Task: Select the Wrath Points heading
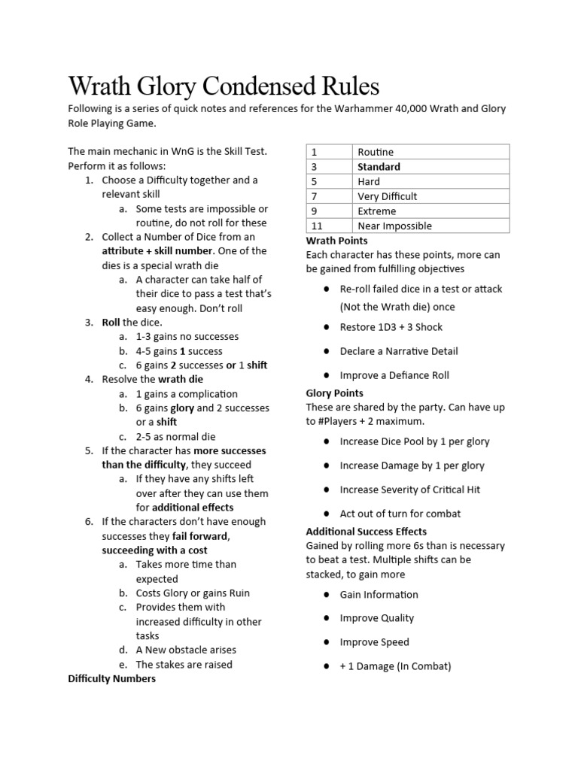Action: pyautogui.click(x=336, y=241)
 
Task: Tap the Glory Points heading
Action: pyautogui.click(x=334, y=393)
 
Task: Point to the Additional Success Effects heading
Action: pyautogui.click(x=367, y=532)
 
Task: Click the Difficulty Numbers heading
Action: pyautogui.click(x=112, y=679)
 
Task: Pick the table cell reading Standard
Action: pyautogui.click(x=379, y=167)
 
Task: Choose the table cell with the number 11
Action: pyautogui.click(x=317, y=226)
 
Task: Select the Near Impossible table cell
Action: pyautogui.click(x=394, y=226)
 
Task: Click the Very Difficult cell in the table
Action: pyautogui.click(x=387, y=196)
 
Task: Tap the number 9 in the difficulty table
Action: pyautogui.click(x=314, y=211)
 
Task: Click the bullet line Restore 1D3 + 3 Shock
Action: pyautogui.click(x=391, y=327)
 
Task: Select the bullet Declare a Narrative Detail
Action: pyautogui.click(x=398, y=351)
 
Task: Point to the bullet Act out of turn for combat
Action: pyautogui.click(x=400, y=514)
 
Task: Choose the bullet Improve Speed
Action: pyautogui.click(x=374, y=642)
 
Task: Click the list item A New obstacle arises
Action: pyautogui.click(x=186, y=650)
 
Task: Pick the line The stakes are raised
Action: pyautogui.click(x=184, y=665)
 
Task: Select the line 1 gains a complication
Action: pyautogui.click(x=186, y=394)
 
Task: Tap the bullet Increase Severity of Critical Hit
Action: pyautogui.click(x=409, y=490)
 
